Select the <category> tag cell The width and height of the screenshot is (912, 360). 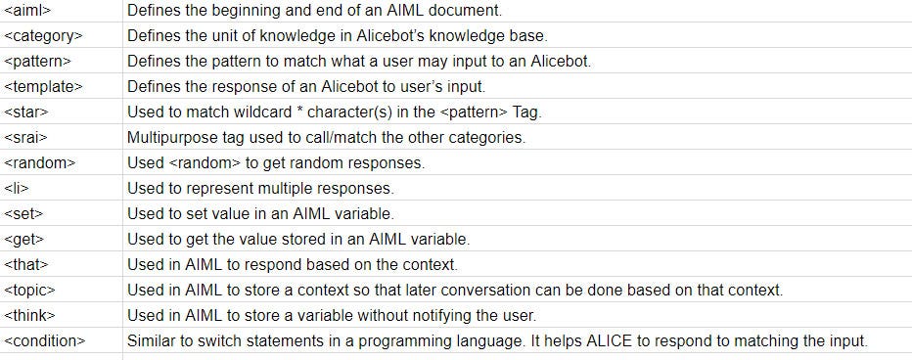[43, 36]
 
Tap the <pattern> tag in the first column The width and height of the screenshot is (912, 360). [38, 62]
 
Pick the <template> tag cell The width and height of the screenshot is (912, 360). [43, 87]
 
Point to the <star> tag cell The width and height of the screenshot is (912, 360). [26, 112]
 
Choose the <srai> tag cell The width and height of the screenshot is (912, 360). [26, 138]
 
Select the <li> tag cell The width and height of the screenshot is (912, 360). [17, 188]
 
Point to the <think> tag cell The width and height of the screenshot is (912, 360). [29, 315]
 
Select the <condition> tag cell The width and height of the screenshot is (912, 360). [45, 340]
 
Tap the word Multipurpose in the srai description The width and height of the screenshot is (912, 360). [172, 138]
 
